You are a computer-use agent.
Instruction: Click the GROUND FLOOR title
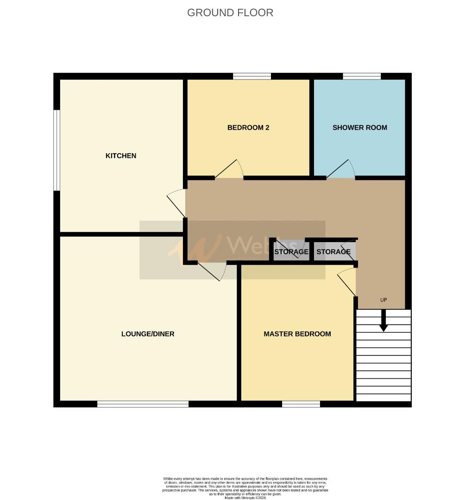230,12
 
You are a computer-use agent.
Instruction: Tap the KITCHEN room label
121,156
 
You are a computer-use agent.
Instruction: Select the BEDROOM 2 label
248,128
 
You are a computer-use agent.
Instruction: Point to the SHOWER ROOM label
360,128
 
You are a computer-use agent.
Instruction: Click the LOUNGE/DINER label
148,334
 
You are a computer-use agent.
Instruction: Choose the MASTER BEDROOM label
297,334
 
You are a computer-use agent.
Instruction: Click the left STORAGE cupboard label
291,252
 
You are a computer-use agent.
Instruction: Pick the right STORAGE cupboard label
333,252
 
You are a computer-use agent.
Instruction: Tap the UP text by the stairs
383,300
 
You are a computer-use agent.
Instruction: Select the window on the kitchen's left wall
57,150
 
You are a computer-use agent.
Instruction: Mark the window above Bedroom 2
252,76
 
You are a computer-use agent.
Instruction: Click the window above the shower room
362,76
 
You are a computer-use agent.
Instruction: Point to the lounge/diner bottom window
143,404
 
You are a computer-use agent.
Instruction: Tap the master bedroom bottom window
301,404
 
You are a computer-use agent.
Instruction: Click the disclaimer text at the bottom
245,488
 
